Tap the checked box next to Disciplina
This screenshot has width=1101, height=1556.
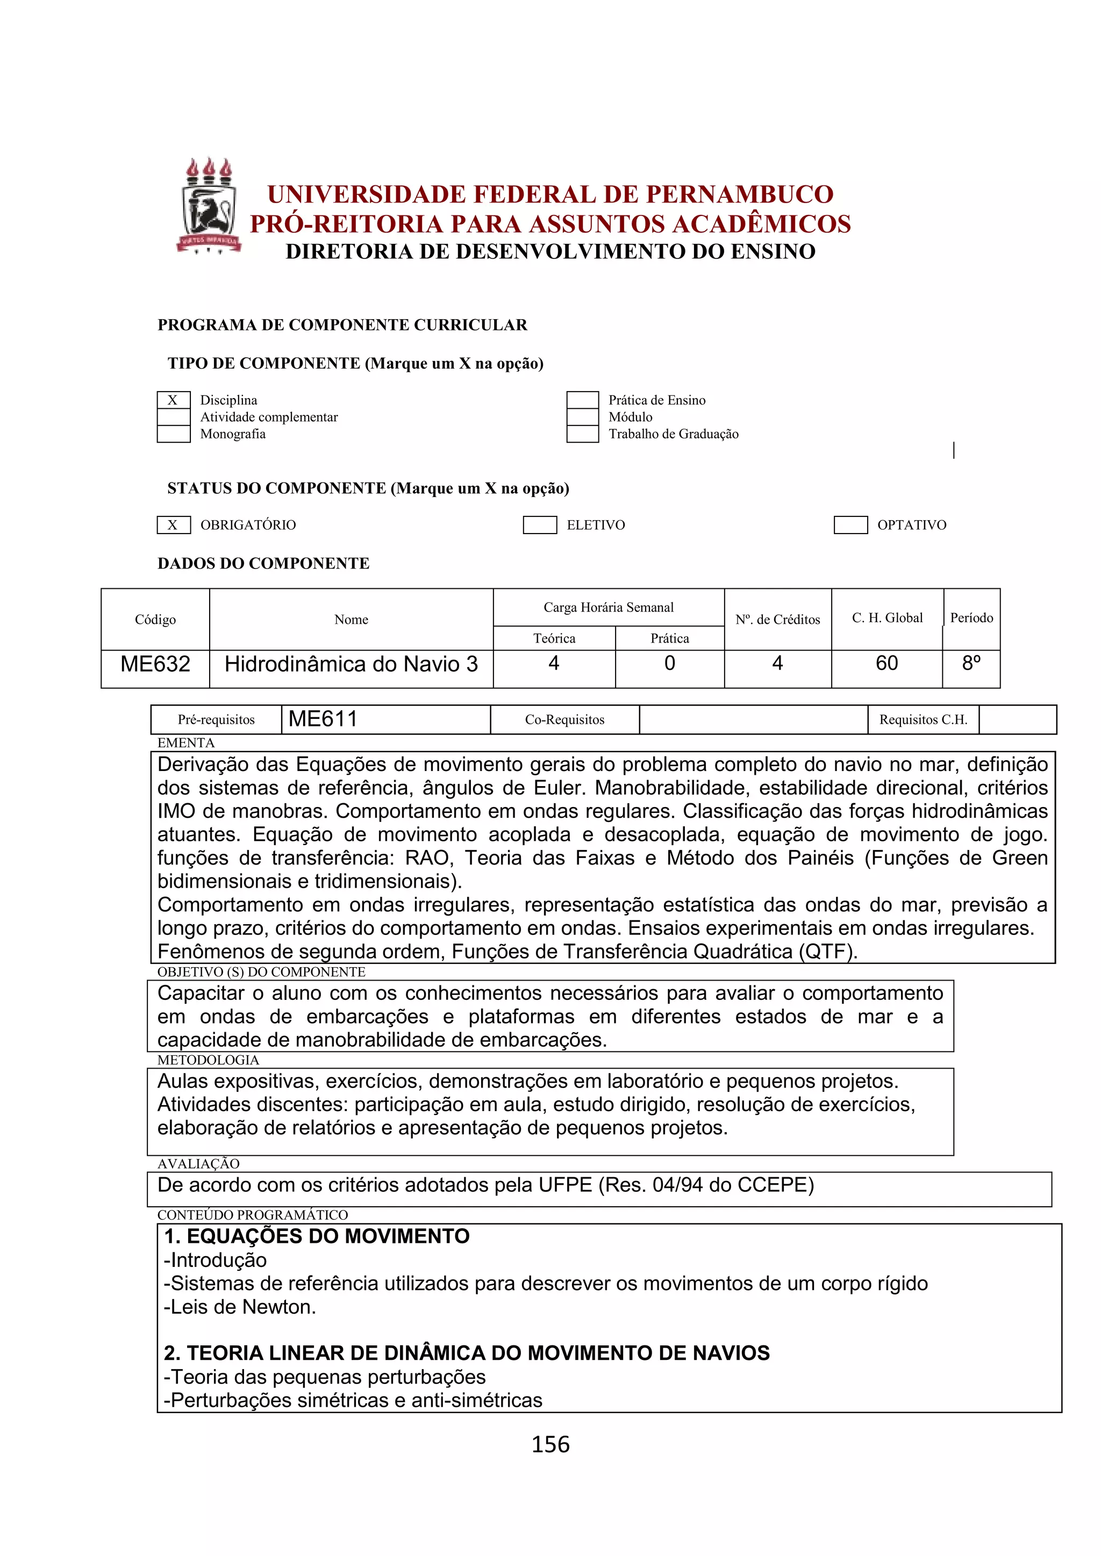click(174, 400)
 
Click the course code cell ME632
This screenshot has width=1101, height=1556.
click(155, 664)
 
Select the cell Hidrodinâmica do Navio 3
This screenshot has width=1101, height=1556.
click(351, 664)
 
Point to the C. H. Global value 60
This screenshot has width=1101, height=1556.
click(886, 664)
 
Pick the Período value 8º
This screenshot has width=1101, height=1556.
click(971, 664)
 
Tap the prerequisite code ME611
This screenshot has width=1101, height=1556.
click(323, 719)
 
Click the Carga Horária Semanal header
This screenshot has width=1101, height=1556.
click(608, 607)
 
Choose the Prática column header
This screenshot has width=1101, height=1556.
click(669, 638)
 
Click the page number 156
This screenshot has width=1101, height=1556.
click(550, 1445)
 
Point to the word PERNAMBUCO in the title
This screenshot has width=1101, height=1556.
click(739, 195)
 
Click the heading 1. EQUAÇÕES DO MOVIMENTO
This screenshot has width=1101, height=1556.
click(317, 1236)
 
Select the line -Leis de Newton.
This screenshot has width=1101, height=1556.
click(240, 1307)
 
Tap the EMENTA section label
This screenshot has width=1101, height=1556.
click(186, 743)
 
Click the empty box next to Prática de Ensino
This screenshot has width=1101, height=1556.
click(582, 400)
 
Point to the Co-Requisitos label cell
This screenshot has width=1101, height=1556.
click(564, 720)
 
